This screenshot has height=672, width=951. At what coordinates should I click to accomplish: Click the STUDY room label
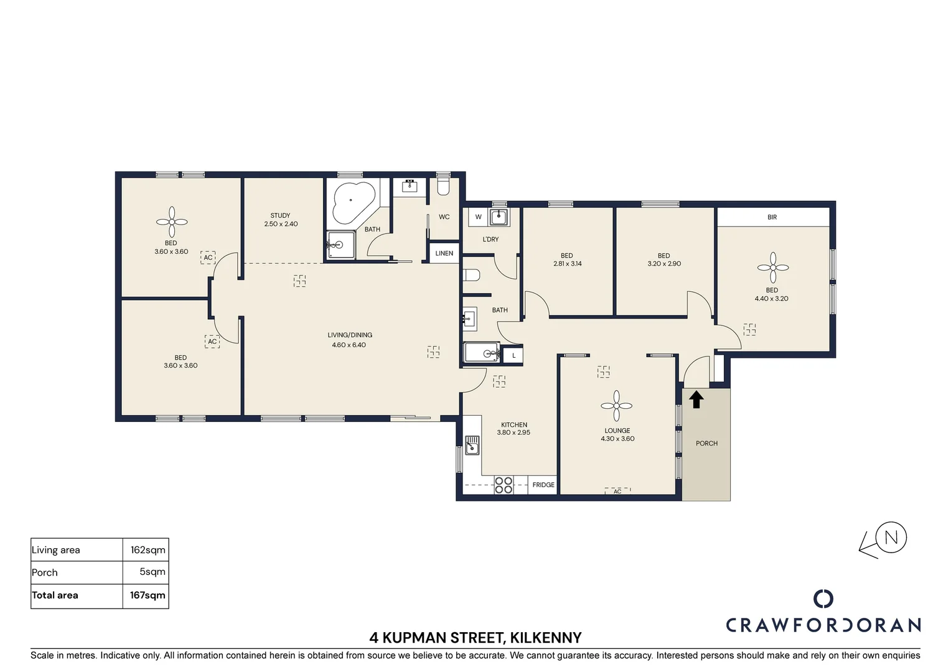coord(280,216)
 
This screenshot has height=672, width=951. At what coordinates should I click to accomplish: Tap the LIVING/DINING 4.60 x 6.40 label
coord(349,340)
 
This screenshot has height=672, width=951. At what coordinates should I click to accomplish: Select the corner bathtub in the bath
coord(354,202)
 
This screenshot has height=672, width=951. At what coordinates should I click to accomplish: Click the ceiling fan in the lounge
coord(616,406)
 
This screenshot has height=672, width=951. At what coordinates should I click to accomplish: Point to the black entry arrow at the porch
coord(696,399)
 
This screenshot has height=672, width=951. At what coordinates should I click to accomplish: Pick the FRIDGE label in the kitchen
coord(543,485)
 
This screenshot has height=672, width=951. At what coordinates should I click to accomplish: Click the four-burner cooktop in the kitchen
coord(504,485)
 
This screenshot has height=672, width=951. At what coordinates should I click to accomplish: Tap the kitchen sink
coord(472,446)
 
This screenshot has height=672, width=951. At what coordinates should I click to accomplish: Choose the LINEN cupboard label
coord(444,253)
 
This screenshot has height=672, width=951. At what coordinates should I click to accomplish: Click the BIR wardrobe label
coord(772,217)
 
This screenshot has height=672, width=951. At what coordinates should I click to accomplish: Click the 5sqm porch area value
coord(152,572)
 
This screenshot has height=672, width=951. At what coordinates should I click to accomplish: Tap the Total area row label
coord(55,595)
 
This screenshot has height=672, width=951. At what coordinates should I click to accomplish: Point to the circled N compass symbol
coord(891,538)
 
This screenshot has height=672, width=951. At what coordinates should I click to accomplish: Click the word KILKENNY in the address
coord(546,638)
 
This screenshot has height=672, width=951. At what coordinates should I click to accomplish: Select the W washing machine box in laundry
coord(479,217)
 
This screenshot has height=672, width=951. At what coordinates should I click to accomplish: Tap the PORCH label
coord(707,443)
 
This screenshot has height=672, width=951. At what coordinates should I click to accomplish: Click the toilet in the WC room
coord(443,187)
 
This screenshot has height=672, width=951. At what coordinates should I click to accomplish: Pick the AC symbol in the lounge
coord(618,491)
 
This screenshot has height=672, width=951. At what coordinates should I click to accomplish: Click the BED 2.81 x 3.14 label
coord(567,259)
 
